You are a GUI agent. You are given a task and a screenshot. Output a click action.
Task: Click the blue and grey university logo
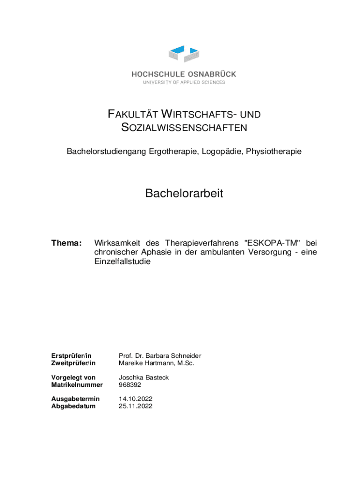click(184, 54)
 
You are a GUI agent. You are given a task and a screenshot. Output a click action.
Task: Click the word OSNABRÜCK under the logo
click(212, 74)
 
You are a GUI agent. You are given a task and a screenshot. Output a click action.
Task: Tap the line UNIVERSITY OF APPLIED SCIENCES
click(184, 82)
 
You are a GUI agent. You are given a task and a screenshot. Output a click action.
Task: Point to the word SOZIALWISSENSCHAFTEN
click(184, 128)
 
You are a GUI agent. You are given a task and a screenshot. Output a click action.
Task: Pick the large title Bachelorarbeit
click(184, 193)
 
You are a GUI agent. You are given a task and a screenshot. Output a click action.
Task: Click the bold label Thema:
click(66, 243)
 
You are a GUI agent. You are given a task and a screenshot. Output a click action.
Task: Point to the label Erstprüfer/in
click(71, 356)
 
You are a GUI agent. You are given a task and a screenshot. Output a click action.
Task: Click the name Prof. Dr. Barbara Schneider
click(160, 356)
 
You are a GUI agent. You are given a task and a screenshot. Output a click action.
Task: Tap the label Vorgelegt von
click(73, 377)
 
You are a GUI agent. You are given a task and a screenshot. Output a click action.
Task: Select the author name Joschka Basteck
click(144, 377)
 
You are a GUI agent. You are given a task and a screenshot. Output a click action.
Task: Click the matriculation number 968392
click(130, 385)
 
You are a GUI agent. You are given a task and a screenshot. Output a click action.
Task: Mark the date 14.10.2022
click(136, 399)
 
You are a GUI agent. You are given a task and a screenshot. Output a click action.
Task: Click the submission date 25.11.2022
click(136, 406)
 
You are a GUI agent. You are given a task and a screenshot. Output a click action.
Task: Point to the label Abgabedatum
click(73, 406)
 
